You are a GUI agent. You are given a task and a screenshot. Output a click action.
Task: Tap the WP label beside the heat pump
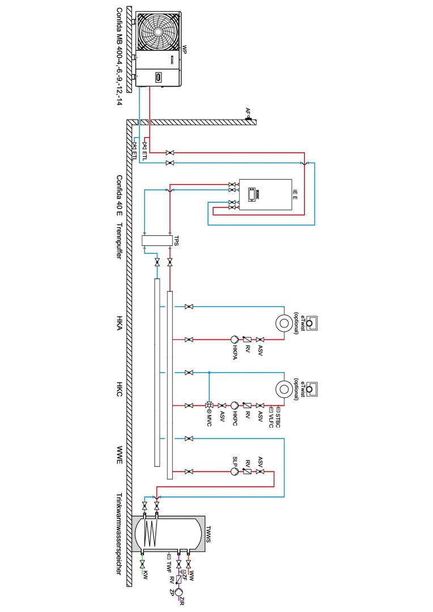click(x=184, y=50)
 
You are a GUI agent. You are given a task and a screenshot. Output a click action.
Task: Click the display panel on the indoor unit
click(x=251, y=194)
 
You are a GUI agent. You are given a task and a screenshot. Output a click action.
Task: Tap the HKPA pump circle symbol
click(x=234, y=339)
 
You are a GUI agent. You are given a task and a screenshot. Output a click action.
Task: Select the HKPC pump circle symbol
click(x=234, y=405)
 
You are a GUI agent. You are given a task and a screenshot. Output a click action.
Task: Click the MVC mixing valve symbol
click(x=209, y=405)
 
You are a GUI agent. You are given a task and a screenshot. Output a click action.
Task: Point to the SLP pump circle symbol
click(x=235, y=471)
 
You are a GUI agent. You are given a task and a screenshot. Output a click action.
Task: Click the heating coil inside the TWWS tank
click(x=150, y=533)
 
